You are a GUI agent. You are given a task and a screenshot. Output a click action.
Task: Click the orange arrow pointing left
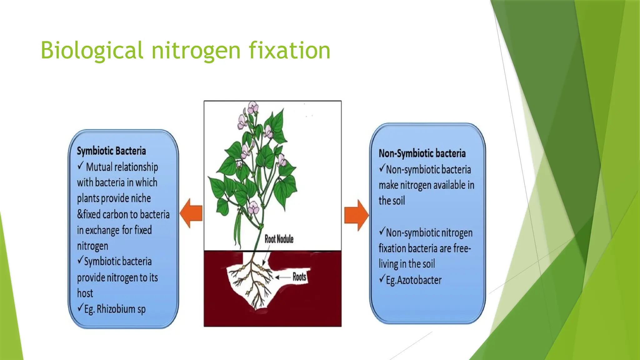[191, 214]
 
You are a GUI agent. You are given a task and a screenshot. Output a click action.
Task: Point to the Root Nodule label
[279, 239]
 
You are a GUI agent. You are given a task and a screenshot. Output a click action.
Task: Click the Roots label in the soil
[299, 277]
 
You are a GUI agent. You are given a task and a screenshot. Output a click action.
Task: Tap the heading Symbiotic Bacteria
[111, 151]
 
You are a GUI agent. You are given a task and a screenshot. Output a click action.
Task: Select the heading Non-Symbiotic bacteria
[422, 153]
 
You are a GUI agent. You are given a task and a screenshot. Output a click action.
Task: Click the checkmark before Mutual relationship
[81, 165]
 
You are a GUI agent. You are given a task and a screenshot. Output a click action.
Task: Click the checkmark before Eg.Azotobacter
[382, 278]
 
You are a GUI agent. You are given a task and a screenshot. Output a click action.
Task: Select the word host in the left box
[85, 293]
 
